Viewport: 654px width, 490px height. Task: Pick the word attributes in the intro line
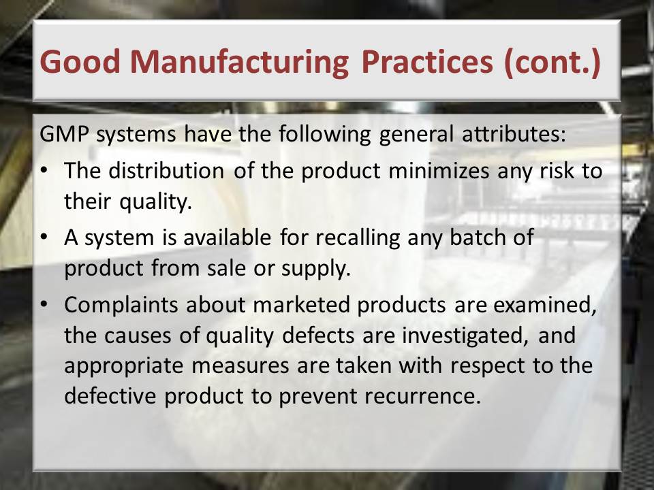(514, 133)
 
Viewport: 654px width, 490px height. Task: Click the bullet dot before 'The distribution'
(44, 171)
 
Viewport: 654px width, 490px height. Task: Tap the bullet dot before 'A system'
(44, 237)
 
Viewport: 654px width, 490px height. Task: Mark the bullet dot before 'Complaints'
(44, 305)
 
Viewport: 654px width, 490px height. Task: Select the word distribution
(166, 170)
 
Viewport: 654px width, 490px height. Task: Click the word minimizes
(438, 170)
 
